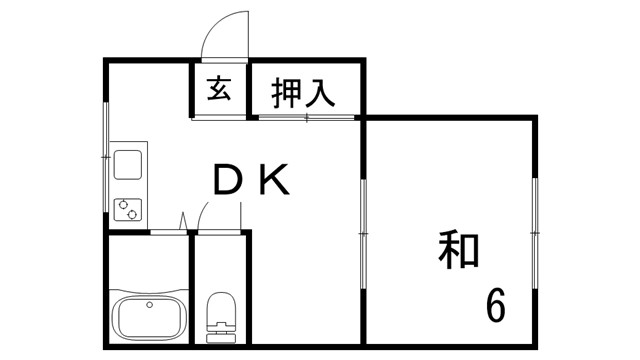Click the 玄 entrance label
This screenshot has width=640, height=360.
coord(220,90)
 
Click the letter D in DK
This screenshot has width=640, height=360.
coord(227,181)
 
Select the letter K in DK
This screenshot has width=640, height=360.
coord(274,181)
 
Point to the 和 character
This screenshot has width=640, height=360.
coord(459,251)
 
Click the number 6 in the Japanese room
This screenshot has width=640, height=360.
coord(495,303)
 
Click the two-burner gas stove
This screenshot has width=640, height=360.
coord(129,209)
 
